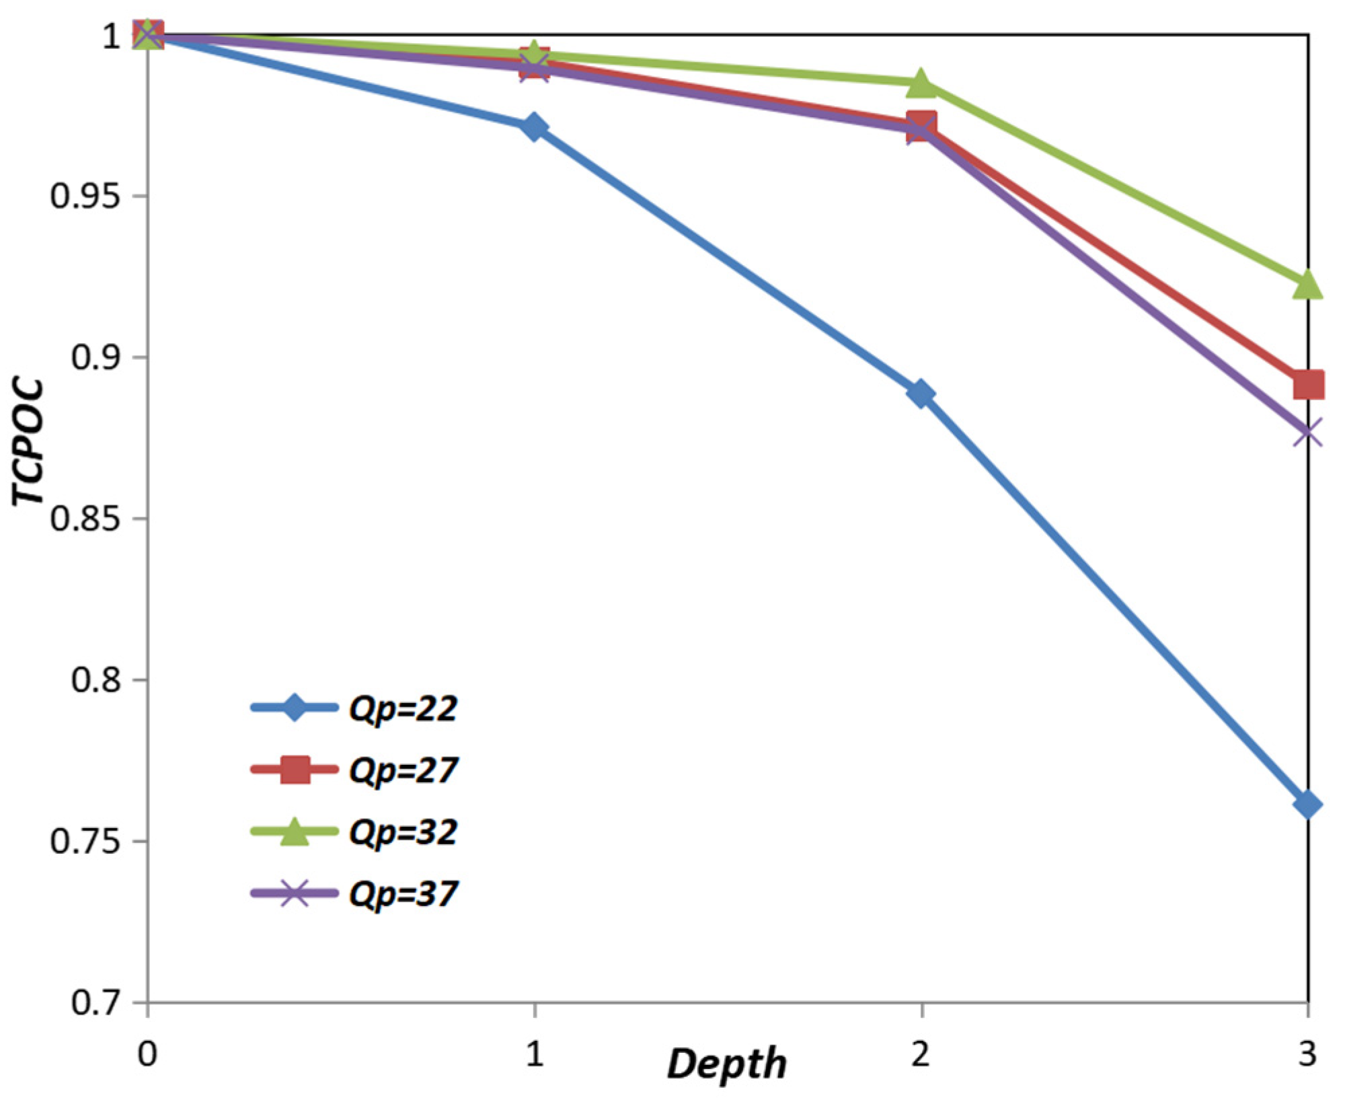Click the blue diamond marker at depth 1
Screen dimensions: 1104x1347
click(534, 127)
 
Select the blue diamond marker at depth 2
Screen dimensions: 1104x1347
click(921, 394)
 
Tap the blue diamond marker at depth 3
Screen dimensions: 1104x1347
click(1307, 805)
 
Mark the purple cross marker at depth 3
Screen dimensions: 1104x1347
click(1307, 433)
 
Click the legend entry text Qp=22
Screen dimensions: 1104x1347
click(403, 708)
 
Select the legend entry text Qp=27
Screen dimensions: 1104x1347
click(403, 770)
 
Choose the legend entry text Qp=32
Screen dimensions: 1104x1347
click(403, 832)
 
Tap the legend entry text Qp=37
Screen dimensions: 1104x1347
click(403, 894)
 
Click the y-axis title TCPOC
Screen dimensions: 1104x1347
click(28, 441)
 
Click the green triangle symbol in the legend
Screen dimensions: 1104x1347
click(294, 832)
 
